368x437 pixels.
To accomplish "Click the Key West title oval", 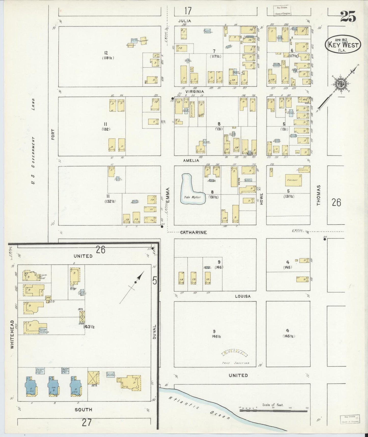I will [x=343, y=45].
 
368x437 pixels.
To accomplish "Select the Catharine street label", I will [x=194, y=232].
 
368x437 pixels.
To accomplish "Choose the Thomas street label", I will [x=318, y=195].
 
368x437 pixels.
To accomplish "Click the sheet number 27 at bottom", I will [x=87, y=423].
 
